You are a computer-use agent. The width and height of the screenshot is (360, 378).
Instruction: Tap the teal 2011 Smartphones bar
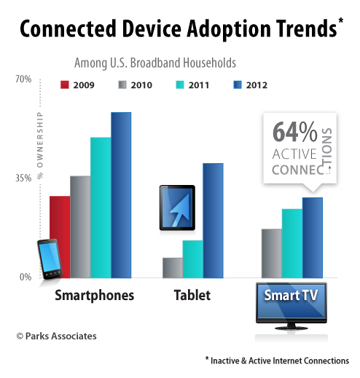click(x=101, y=207)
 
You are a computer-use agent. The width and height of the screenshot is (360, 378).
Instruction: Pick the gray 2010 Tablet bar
click(x=173, y=267)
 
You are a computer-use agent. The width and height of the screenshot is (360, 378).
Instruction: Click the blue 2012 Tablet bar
click(x=213, y=220)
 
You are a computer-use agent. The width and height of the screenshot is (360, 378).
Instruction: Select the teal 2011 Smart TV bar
click(x=292, y=243)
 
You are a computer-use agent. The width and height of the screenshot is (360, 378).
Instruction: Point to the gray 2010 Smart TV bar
click(x=272, y=253)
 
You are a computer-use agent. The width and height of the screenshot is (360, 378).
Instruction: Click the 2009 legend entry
click(x=77, y=85)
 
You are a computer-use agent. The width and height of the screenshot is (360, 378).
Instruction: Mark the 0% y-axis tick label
click(x=25, y=277)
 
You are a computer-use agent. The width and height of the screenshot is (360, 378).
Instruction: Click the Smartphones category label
click(x=95, y=295)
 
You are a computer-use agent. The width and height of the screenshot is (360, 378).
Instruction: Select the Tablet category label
click(x=192, y=295)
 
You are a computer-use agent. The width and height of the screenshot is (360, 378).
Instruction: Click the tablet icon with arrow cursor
click(x=177, y=207)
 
